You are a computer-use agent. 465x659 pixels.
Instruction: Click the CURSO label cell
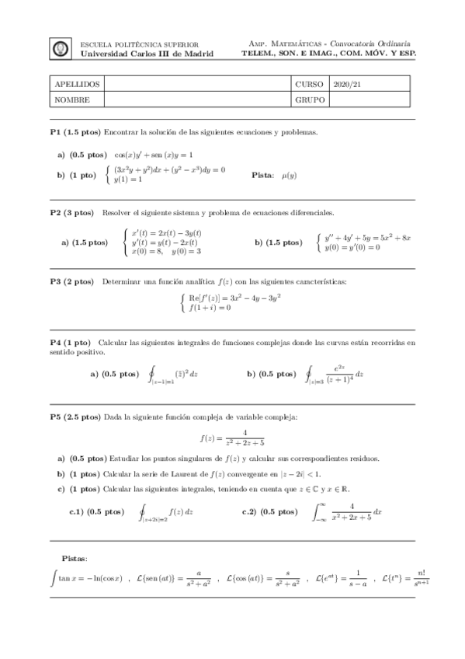click(309, 84)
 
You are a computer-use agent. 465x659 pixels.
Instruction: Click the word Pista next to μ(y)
click(263, 176)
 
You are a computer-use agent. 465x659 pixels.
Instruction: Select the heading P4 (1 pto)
click(70, 342)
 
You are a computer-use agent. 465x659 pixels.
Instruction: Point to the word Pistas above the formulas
click(75, 558)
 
